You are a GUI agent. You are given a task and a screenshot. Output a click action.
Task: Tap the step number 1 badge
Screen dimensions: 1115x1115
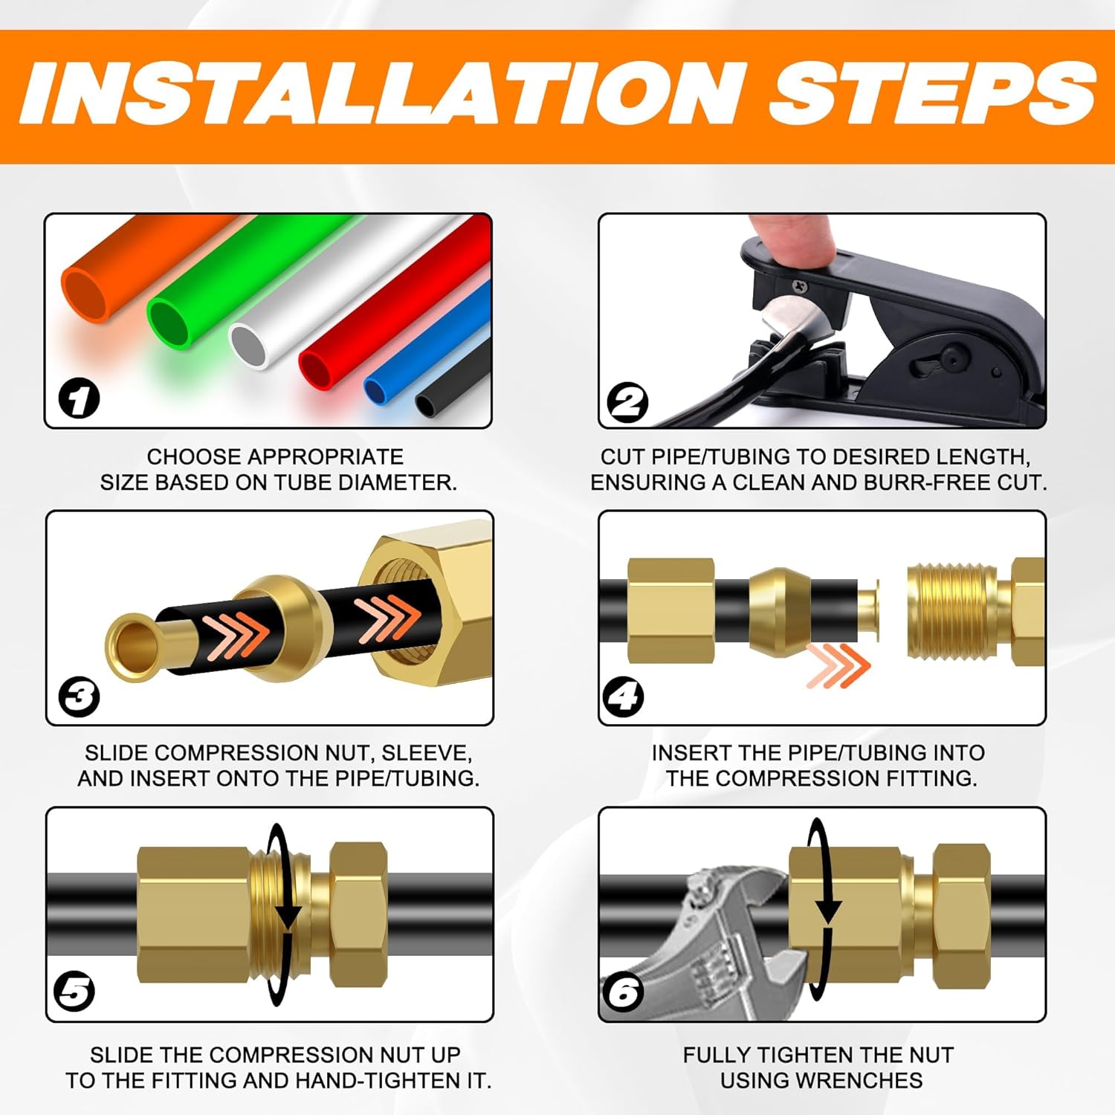pyautogui.click(x=79, y=399)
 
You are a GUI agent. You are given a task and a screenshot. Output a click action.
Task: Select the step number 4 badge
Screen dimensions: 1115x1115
pyautogui.click(x=622, y=697)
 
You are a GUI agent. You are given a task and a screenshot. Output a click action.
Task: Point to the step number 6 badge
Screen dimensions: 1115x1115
pyautogui.click(x=623, y=992)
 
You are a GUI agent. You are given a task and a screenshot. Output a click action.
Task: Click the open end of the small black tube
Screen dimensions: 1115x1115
pyautogui.click(x=426, y=406)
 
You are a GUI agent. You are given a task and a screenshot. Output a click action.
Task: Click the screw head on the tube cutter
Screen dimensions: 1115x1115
pyautogui.click(x=799, y=285)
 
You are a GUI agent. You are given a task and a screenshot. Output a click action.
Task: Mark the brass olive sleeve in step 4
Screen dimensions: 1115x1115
pyautogui.click(x=779, y=611)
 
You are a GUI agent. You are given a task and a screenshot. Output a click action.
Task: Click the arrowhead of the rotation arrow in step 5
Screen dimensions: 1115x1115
pyautogui.click(x=288, y=917)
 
